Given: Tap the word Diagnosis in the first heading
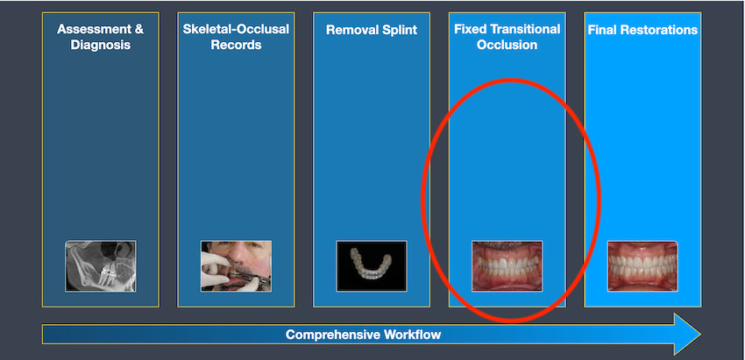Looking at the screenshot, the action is tap(100, 46).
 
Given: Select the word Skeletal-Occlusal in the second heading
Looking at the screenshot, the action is tap(236, 30).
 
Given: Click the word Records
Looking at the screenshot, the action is tap(236, 46).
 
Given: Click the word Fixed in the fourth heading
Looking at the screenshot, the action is tap(470, 30).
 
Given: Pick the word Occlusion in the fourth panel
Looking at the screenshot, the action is tap(507, 46).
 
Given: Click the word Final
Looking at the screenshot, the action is tap(603, 30).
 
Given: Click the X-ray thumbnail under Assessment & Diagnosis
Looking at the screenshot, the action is tap(101, 266).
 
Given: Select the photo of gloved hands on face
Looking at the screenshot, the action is tap(236, 266).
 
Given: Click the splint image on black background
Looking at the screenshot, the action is tap(372, 266).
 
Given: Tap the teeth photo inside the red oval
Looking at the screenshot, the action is tap(507, 266).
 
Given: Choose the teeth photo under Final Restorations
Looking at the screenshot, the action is tap(642, 266).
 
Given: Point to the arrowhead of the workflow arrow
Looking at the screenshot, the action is tap(686, 335).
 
